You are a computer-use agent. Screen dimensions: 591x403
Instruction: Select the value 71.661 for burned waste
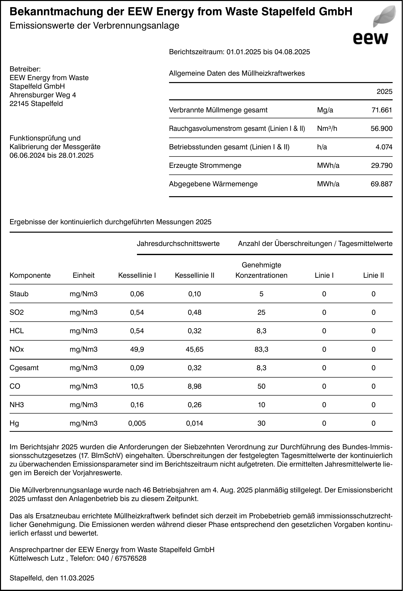pos(382,110)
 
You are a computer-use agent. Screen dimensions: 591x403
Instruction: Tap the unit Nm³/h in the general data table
pos(327,129)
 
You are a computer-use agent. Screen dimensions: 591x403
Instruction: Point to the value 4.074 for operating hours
pos(384,147)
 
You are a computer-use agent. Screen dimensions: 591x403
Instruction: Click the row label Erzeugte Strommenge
pos(205,166)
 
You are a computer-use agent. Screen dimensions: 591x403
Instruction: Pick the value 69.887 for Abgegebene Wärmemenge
pos(381,184)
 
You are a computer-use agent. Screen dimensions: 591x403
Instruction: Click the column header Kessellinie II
pos(194,275)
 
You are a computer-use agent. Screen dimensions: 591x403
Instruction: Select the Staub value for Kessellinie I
pos(137,294)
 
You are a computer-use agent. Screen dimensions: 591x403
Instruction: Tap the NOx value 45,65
pos(194,349)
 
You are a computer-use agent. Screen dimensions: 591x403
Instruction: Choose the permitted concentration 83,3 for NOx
pos(261,349)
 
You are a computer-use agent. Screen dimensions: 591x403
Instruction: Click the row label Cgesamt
pos(24,368)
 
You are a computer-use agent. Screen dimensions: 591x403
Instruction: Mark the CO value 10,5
pos(137,386)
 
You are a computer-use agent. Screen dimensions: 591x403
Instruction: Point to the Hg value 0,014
pos(194,423)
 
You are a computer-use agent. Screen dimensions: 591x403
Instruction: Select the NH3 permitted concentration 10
pos(261,405)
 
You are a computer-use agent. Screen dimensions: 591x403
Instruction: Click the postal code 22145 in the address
pos(19,104)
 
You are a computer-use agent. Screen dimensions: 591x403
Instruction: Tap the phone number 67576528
pos(131,558)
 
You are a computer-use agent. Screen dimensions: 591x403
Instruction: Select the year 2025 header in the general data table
pos(384,91)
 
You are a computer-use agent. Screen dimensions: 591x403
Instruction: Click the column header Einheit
pos(83,275)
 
